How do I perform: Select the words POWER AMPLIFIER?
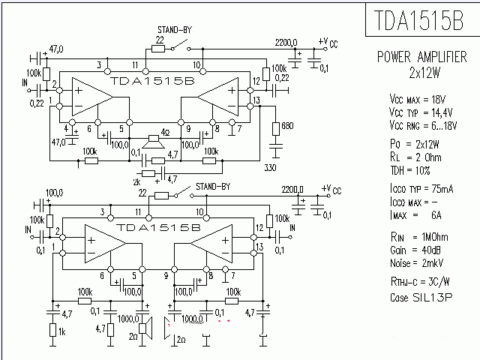[422, 57]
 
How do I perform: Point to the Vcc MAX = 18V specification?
[417, 98]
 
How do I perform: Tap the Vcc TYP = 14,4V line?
[420, 111]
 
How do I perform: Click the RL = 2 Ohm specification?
[415, 158]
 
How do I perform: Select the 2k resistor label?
[136, 181]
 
